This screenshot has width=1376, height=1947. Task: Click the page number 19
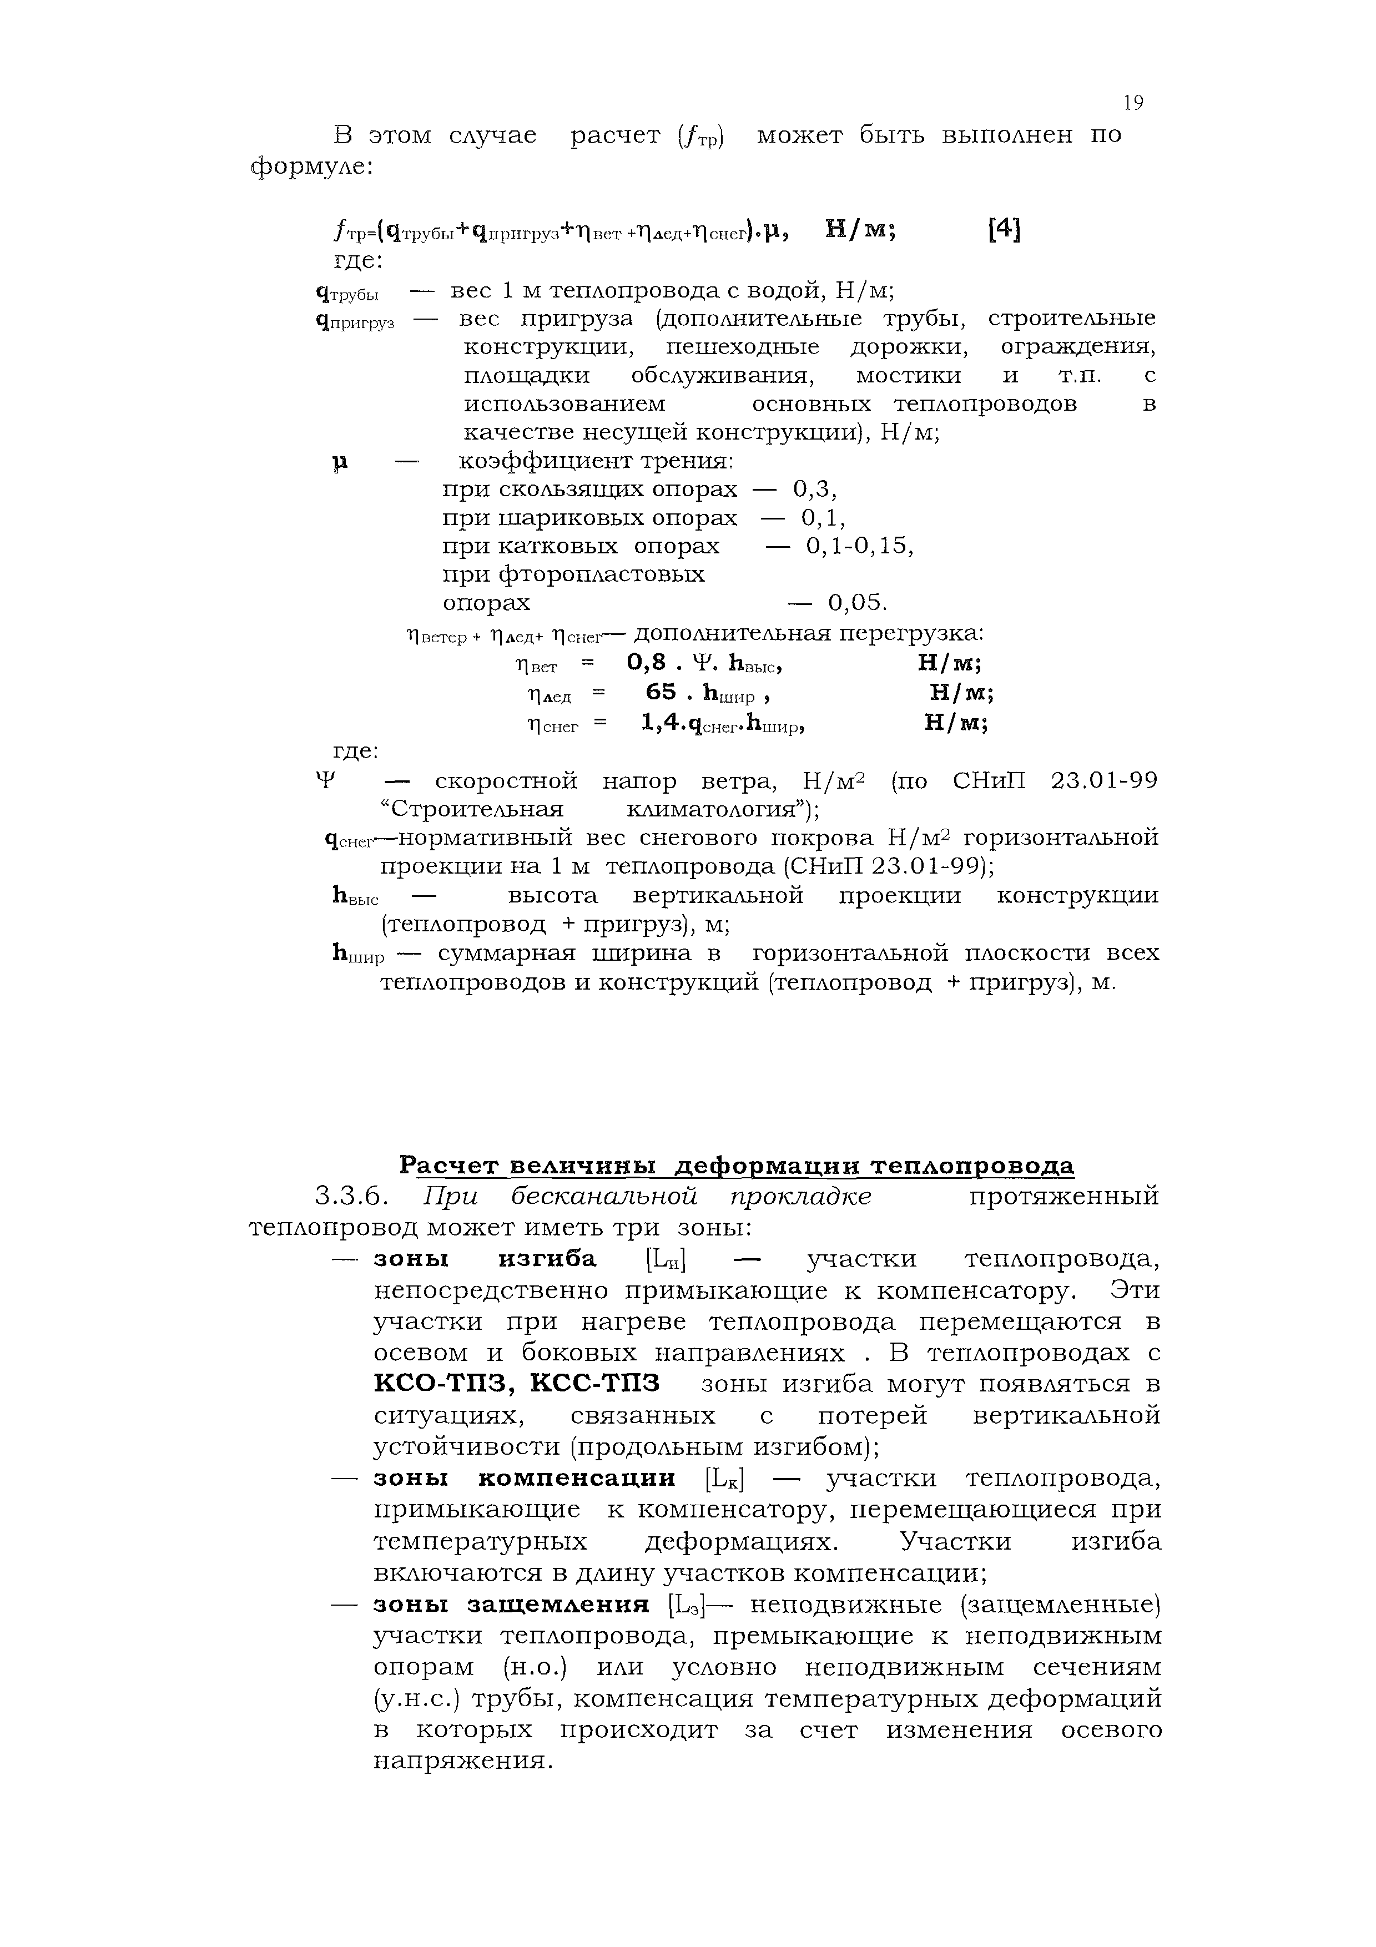click(x=1133, y=103)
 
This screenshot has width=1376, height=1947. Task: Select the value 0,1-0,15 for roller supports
click(x=860, y=546)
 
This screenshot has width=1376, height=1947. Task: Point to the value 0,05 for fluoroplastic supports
click(x=857, y=603)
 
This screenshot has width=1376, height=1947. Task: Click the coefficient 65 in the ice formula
click(x=661, y=692)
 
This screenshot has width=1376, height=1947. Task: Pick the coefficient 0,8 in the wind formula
click(x=645, y=662)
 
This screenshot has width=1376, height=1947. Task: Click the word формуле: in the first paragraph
click(x=312, y=167)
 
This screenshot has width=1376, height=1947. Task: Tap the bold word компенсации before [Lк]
click(x=577, y=1478)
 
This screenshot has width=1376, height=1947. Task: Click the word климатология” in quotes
click(x=722, y=810)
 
